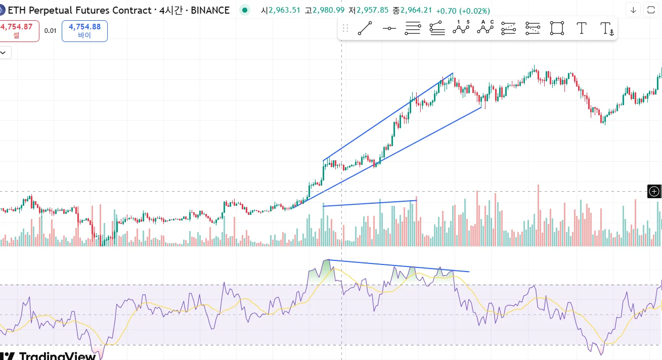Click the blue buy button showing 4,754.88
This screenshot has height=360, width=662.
click(84, 31)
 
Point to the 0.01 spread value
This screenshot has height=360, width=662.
click(50, 31)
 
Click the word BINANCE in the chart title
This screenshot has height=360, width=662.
click(210, 10)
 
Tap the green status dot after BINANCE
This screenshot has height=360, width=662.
click(245, 10)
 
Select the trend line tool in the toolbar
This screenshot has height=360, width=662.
click(365, 28)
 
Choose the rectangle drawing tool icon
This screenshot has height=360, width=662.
click(557, 28)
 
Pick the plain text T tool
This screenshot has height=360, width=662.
click(582, 28)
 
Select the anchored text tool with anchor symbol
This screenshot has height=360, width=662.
click(606, 29)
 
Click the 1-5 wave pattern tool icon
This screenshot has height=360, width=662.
click(461, 28)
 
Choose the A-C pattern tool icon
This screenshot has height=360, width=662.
click(485, 28)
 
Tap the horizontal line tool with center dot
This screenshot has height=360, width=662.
click(389, 28)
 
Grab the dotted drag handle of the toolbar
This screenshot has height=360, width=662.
click(345, 28)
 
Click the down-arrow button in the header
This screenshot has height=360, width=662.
click(633, 10)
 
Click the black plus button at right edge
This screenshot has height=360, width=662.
click(654, 191)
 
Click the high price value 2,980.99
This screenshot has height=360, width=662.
click(329, 11)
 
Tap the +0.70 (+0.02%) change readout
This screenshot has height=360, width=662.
click(463, 11)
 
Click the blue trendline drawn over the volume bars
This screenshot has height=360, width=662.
click(369, 203)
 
